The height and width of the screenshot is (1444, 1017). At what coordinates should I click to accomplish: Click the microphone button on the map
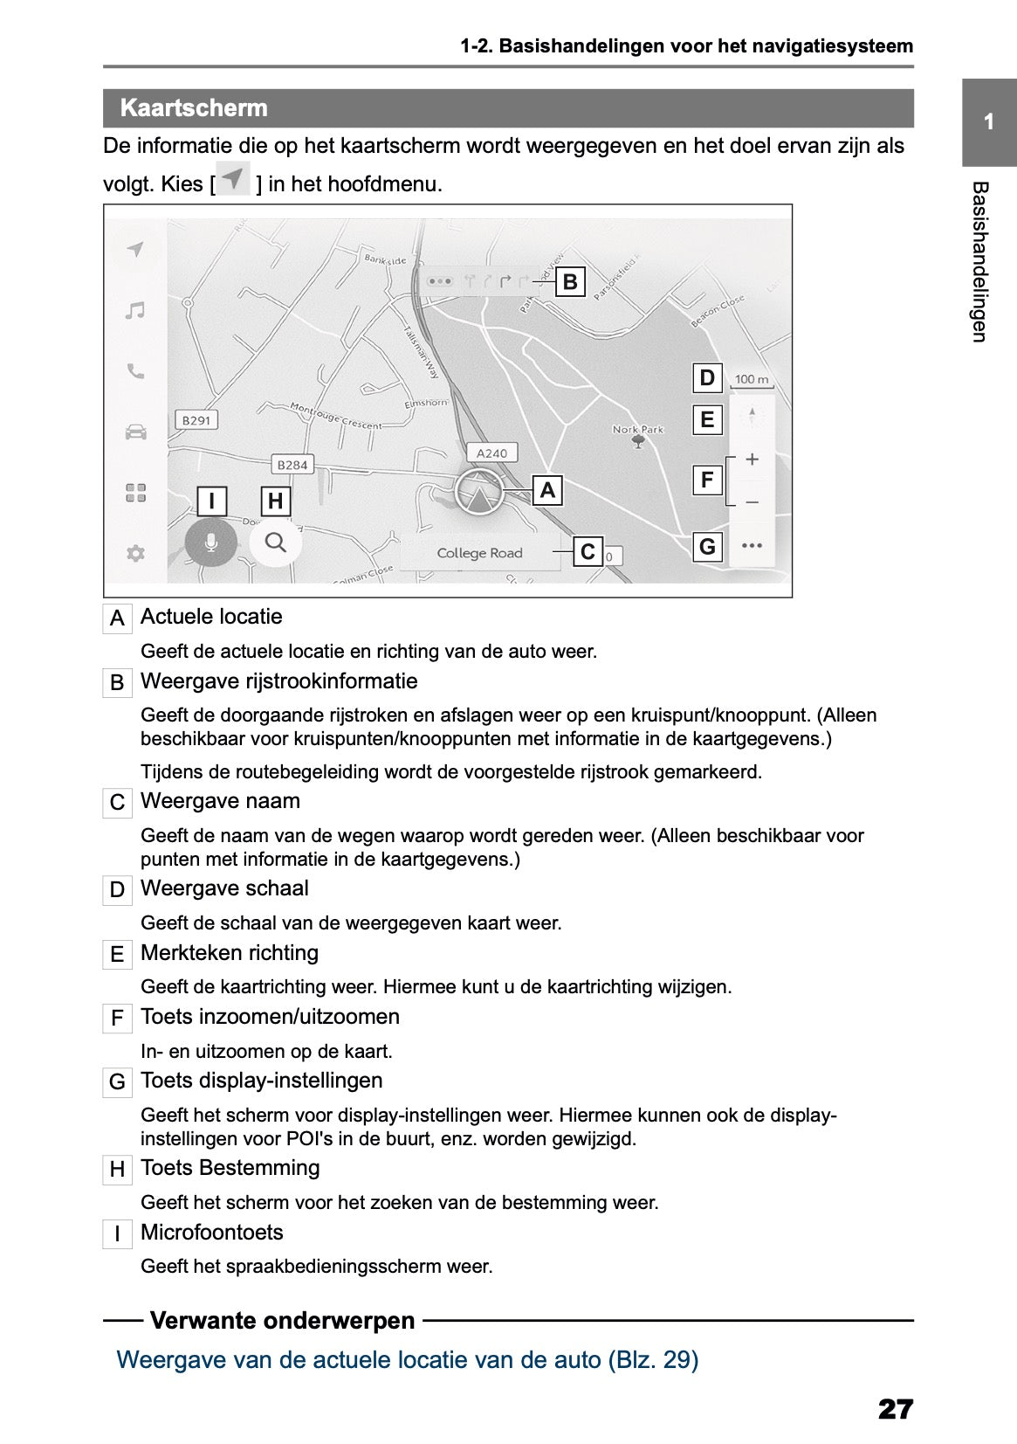(x=210, y=543)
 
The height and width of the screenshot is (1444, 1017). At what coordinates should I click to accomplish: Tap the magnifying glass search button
(x=275, y=542)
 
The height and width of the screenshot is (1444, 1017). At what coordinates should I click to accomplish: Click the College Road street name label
(x=479, y=553)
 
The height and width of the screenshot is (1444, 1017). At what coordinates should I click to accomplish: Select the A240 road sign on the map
(x=491, y=453)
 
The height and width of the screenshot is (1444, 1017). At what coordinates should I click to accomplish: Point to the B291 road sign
(x=196, y=420)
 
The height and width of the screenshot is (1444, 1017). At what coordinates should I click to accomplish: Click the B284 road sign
(x=292, y=465)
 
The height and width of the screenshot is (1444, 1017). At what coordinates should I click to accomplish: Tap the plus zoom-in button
(x=752, y=459)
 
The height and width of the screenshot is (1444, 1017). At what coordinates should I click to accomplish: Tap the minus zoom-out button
(x=752, y=502)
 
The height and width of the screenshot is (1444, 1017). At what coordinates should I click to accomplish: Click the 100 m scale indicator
(x=751, y=379)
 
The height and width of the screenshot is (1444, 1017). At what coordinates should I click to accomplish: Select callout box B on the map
(x=570, y=282)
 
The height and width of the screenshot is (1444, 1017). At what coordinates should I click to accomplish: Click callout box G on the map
(x=707, y=547)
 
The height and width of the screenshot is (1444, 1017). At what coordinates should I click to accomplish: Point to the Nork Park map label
(x=638, y=430)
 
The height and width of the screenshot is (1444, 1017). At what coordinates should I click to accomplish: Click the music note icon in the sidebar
(x=134, y=310)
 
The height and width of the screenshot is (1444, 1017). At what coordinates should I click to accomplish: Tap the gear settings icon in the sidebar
(x=135, y=553)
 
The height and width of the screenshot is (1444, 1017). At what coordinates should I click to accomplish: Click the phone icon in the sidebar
(x=135, y=371)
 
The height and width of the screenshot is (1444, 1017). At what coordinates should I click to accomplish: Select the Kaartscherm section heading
(x=194, y=108)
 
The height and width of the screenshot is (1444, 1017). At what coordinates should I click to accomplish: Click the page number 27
(x=895, y=1409)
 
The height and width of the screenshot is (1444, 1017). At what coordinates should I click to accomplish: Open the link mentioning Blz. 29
(x=407, y=1360)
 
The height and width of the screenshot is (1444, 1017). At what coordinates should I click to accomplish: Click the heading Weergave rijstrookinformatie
(x=278, y=681)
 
